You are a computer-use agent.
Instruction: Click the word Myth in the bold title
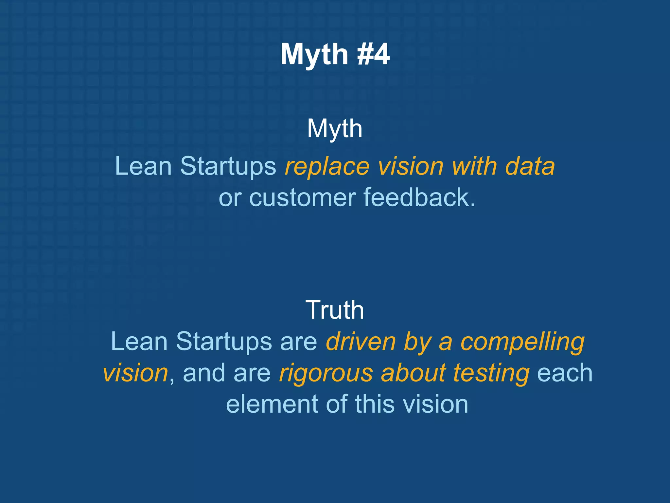(314, 55)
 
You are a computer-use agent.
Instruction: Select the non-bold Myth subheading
(335, 129)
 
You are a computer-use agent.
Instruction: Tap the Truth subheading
(335, 310)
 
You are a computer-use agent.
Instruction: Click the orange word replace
(327, 167)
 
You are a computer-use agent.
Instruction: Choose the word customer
(302, 198)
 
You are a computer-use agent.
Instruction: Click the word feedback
(419, 197)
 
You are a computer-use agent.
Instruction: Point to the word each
(565, 373)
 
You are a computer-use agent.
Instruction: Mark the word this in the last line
(375, 404)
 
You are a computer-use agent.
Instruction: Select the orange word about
(414, 373)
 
